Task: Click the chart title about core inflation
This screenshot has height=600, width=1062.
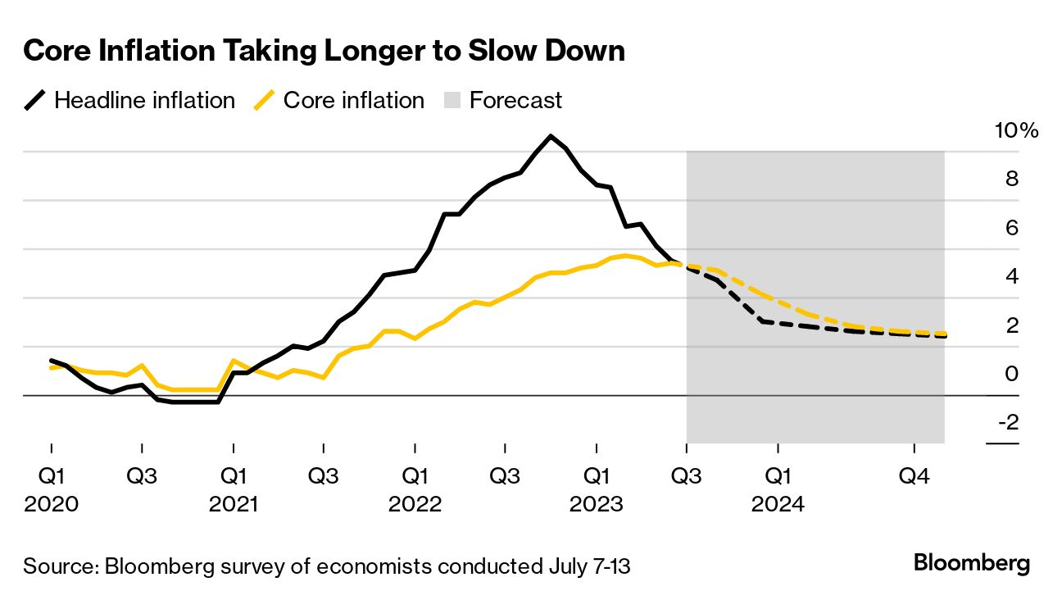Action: coord(324,52)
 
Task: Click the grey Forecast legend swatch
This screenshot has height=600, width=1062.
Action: coord(453,101)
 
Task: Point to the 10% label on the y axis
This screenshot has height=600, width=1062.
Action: coord(1015,130)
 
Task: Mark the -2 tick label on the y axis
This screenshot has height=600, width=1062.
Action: coord(1008,422)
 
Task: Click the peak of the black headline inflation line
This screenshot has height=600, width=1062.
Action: coord(551,136)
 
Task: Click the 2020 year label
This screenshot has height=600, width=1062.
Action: coord(52,503)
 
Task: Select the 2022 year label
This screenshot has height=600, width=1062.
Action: coord(415,503)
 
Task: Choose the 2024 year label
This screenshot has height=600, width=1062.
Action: coord(778,503)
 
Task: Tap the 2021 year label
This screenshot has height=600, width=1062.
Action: coord(234,503)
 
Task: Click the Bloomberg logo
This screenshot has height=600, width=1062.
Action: coord(971,564)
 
